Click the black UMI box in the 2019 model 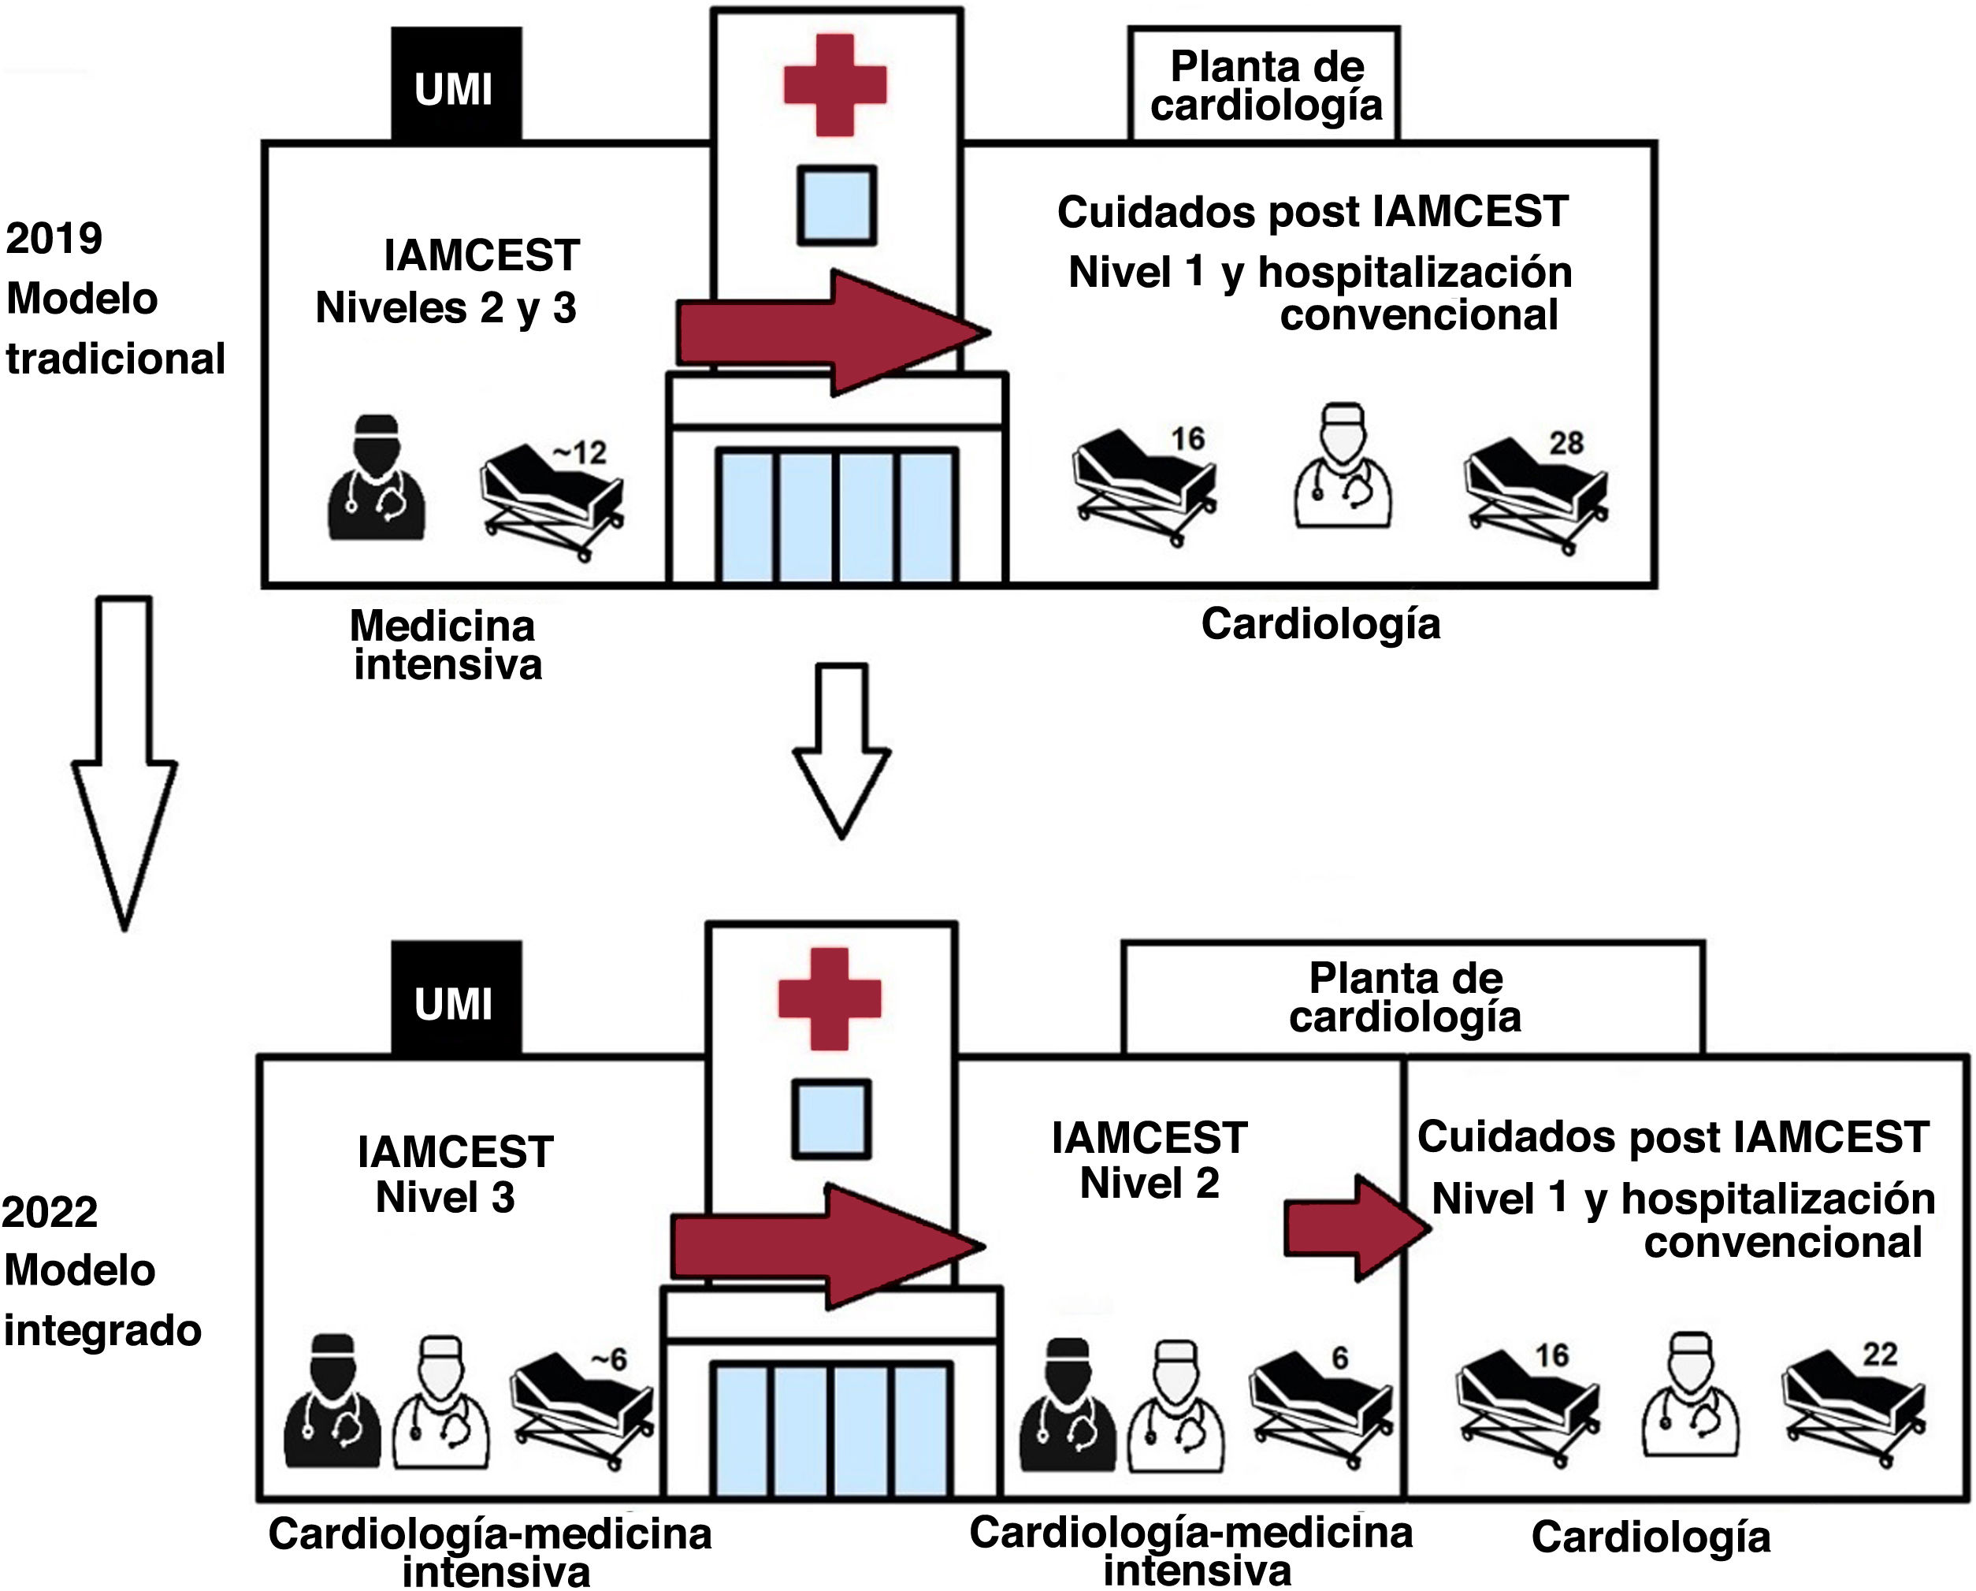click(x=455, y=84)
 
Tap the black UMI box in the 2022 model click(x=455, y=998)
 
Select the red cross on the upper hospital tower click(x=835, y=84)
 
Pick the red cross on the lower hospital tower click(x=830, y=998)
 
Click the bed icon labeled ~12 click(x=552, y=500)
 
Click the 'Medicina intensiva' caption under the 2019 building click(x=447, y=645)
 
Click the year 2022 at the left click(x=50, y=1213)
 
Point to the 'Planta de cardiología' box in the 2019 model click(x=1265, y=85)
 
